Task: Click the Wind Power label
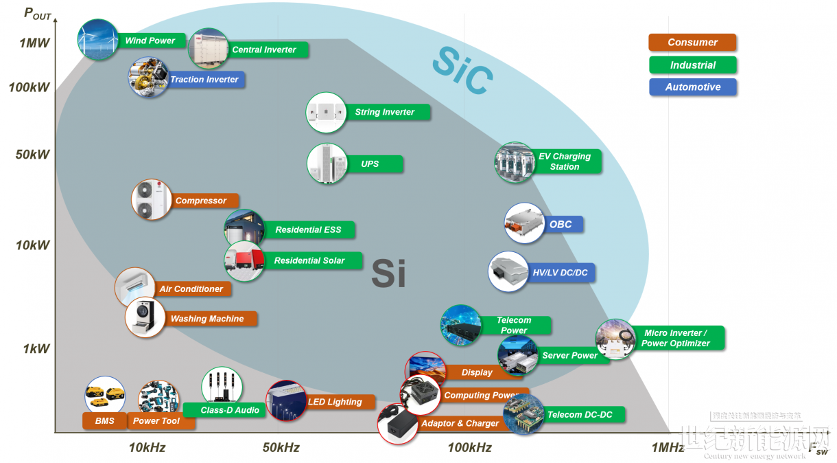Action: coord(150,41)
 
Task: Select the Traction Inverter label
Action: coord(204,80)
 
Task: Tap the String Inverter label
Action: coord(385,112)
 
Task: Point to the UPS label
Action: coord(370,164)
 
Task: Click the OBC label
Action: coord(561,225)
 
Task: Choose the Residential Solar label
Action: coord(309,261)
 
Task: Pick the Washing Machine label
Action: coord(207,319)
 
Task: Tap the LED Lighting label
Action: coord(335,402)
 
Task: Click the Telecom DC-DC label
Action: coord(580,415)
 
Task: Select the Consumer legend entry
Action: coord(692,43)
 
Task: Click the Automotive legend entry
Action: coord(692,87)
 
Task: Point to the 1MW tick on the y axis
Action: coord(34,43)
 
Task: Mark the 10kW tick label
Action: coord(33,245)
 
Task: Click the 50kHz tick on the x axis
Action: coord(281,448)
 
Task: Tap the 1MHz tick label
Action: coord(668,448)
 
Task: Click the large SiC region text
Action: coord(462,71)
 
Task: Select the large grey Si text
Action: coord(388,273)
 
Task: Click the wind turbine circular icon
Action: coord(97,40)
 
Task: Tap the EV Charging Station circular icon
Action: coord(515,162)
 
